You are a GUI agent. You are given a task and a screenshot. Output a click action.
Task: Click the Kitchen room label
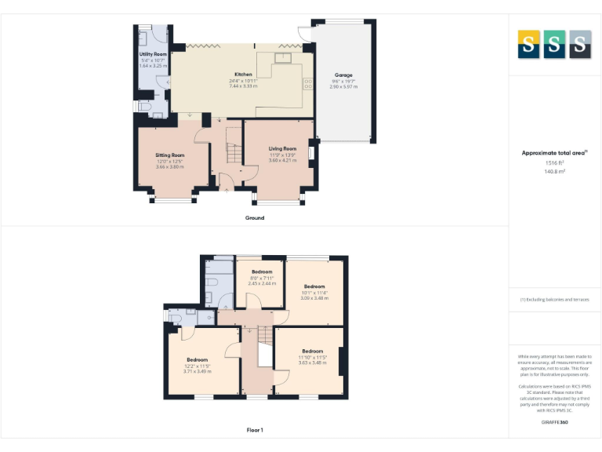click(x=243, y=75)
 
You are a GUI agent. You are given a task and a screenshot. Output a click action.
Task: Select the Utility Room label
click(x=154, y=54)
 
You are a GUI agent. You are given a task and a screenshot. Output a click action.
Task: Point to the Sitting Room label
click(x=169, y=155)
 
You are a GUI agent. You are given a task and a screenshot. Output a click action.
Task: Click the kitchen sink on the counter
click(x=282, y=56)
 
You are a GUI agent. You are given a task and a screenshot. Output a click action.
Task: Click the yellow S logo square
click(x=528, y=45)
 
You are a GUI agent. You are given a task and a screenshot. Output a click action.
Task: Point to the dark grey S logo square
click(x=580, y=45)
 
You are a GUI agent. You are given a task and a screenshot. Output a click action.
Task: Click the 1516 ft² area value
click(x=555, y=162)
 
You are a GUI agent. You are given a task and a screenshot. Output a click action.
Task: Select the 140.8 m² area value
click(x=555, y=170)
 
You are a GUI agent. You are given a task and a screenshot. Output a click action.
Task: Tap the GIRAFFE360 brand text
click(x=555, y=423)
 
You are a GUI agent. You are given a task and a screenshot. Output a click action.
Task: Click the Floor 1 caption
click(x=255, y=429)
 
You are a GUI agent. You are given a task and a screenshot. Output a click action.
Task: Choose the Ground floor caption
click(x=255, y=217)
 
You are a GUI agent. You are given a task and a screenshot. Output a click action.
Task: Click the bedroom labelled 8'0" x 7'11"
click(x=262, y=272)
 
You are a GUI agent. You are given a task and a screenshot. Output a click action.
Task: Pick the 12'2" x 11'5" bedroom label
click(x=198, y=359)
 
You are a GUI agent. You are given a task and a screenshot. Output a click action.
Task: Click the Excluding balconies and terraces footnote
click(x=555, y=300)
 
